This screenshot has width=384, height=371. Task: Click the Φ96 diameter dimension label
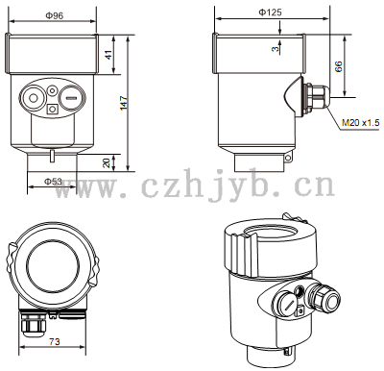click(x=55, y=15)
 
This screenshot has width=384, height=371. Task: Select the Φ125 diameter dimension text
click(x=270, y=12)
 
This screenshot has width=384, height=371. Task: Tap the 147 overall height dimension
click(x=124, y=103)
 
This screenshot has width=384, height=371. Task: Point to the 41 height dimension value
click(x=109, y=55)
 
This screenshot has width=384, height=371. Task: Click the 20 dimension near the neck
click(x=107, y=162)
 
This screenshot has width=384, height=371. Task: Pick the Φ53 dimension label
click(x=53, y=182)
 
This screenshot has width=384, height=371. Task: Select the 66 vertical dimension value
click(x=338, y=66)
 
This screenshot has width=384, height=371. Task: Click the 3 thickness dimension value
click(x=276, y=49)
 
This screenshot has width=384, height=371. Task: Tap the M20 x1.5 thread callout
click(x=361, y=122)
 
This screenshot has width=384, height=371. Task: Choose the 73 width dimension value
click(x=55, y=341)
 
